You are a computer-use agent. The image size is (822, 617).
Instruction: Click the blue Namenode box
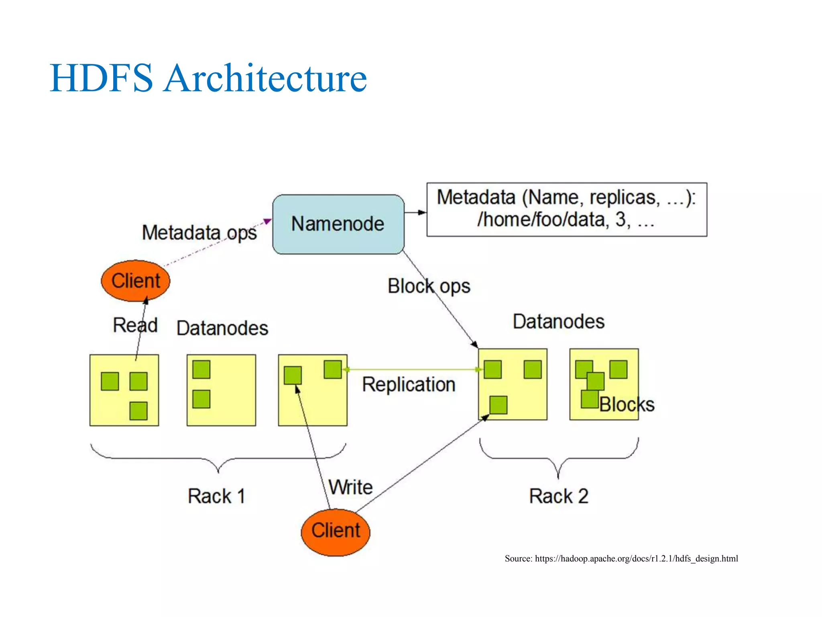(x=338, y=224)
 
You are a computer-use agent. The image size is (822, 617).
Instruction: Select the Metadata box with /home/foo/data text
(x=566, y=209)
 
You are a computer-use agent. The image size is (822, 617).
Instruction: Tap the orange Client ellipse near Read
(x=136, y=281)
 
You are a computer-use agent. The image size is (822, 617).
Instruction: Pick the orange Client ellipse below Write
(x=336, y=531)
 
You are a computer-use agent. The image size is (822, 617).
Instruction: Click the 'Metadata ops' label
(x=199, y=233)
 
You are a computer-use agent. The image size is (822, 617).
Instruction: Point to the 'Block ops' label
(x=429, y=286)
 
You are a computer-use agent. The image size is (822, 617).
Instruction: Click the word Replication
(x=409, y=384)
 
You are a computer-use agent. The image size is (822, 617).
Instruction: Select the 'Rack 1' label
(x=216, y=496)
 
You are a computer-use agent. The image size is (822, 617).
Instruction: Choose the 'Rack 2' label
(x=558, y=496)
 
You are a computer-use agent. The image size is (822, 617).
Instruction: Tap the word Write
(x=350, y=487)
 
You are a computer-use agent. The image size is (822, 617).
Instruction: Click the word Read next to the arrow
(x=135, y=325)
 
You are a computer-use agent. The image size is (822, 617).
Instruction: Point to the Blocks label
(x=627, y=405)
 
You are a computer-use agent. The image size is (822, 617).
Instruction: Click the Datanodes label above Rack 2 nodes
(x=558, y=322)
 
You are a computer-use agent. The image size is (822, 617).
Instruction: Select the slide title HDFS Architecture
(x=208, y=78)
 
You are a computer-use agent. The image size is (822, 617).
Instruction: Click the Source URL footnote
(x=621, y=558)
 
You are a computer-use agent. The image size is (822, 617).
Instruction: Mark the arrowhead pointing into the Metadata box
(x=422, y=212)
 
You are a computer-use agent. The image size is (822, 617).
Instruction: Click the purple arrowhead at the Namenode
(x=267, y=221)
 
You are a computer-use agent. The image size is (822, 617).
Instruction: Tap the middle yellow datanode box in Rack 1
(x=221, y=390)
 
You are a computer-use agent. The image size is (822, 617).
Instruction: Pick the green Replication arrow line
(x=411, y=369)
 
